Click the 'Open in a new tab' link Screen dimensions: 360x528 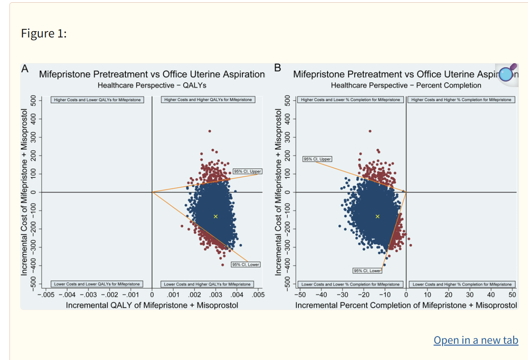(x=476, y=340)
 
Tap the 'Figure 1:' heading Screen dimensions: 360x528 (x=44, y=34)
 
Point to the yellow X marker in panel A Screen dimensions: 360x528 (x=216, y=217)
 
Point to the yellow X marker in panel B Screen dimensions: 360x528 (x=378, y=217)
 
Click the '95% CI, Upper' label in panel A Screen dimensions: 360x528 (x=247, y=171)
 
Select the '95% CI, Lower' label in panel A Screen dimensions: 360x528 (x=245, y=264)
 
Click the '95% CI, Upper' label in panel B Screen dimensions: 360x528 (x=318, y=159)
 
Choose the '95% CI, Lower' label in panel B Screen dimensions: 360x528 (x=367, y=271)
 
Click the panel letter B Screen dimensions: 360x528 (x=278, y=69)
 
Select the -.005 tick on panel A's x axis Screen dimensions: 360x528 (x=46, y=295)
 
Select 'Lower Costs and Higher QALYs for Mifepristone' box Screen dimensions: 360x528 (x=207, y=284)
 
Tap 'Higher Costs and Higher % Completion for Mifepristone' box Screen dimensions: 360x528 (x=462, y=100)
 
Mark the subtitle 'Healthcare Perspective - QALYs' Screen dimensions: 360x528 (x=152, y=85)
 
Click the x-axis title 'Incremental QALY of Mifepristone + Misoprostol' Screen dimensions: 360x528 (x=152, y=305)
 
